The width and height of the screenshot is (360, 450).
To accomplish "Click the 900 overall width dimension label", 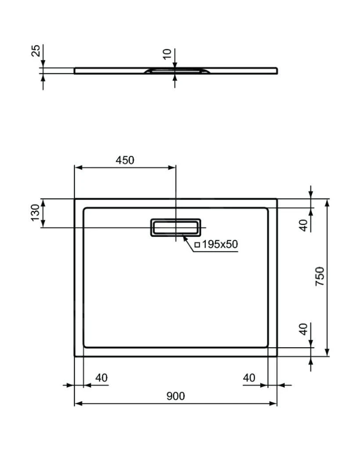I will pyautogui.click(x=176, y=396).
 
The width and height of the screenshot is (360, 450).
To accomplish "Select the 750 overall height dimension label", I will pyautogui.click(x=320, y=276).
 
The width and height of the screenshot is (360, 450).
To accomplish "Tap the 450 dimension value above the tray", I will pyautogui.click(x=125, y=160).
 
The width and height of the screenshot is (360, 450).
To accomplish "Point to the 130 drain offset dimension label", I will pyautogui.click(x=36, y=213).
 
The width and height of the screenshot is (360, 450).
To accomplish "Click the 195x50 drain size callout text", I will pyautogui.click(x=220, y=244).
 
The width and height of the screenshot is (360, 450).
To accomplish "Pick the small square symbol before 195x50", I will pyautogui.click(x=197, y=245).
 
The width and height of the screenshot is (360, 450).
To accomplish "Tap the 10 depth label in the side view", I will pyautogui.click(x=167, y=54).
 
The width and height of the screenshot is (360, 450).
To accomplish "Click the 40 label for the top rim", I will pyautogui.click(x=303, y=225).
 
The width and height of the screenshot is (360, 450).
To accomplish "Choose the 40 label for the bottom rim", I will pyautogui.click(x=303, y=329).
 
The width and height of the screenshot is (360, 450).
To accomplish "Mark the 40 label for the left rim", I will pyautogui.click(x=101, y=377).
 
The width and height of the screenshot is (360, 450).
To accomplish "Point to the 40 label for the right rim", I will pyautogui.click(x=249, y=377).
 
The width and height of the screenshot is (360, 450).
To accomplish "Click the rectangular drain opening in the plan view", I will pyautogui.click(x=176, y=227).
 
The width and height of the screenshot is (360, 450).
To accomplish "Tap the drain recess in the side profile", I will pyautogui.click(x=176, y=70).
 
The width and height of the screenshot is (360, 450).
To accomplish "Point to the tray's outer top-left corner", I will pyautogui.click(x=75, y=199).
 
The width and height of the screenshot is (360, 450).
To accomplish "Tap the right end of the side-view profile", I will pyautogui.click(x=276, y=70).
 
